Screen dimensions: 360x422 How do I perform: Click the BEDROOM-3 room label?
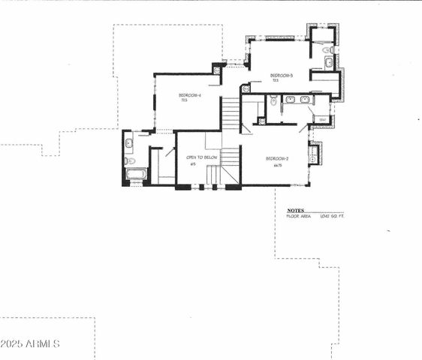(x=281, y=75)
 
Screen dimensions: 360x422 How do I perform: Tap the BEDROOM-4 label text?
(x=189, y=95)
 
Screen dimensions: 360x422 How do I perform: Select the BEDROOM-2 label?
(x=276, y=158)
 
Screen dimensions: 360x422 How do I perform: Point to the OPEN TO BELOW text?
(x=202, y=157)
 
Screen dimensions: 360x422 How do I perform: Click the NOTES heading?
(x=295, y=211)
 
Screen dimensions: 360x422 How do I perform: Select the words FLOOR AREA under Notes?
(x=299, y=217)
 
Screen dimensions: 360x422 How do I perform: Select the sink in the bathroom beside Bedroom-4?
(x=128, y=142)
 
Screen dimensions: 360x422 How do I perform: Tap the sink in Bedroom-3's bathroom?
(x=329, y=62)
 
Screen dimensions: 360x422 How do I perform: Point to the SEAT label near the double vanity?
(x=321, y=119)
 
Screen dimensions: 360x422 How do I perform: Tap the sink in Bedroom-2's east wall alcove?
(x=312, y=157)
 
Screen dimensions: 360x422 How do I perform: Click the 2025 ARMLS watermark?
(x=30, y=343)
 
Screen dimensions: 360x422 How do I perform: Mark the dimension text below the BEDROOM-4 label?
(x=184, y=101)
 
